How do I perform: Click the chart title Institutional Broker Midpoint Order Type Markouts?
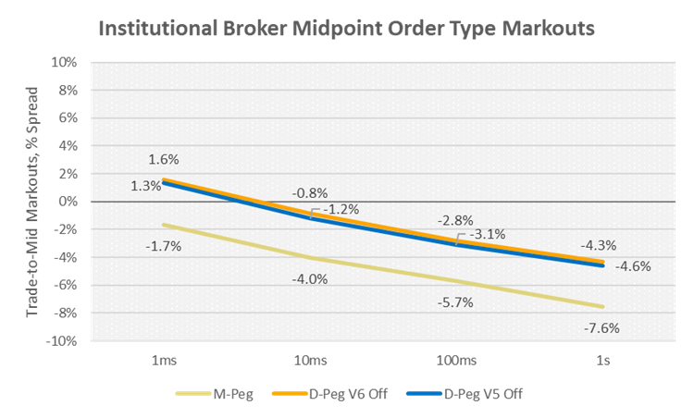(x=346, y=29)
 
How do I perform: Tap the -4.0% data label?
(x=309, y=278)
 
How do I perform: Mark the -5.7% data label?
(x=455, y=302)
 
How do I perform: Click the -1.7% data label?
(x=162, y=246)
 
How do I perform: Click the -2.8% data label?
(x=455, y=220)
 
